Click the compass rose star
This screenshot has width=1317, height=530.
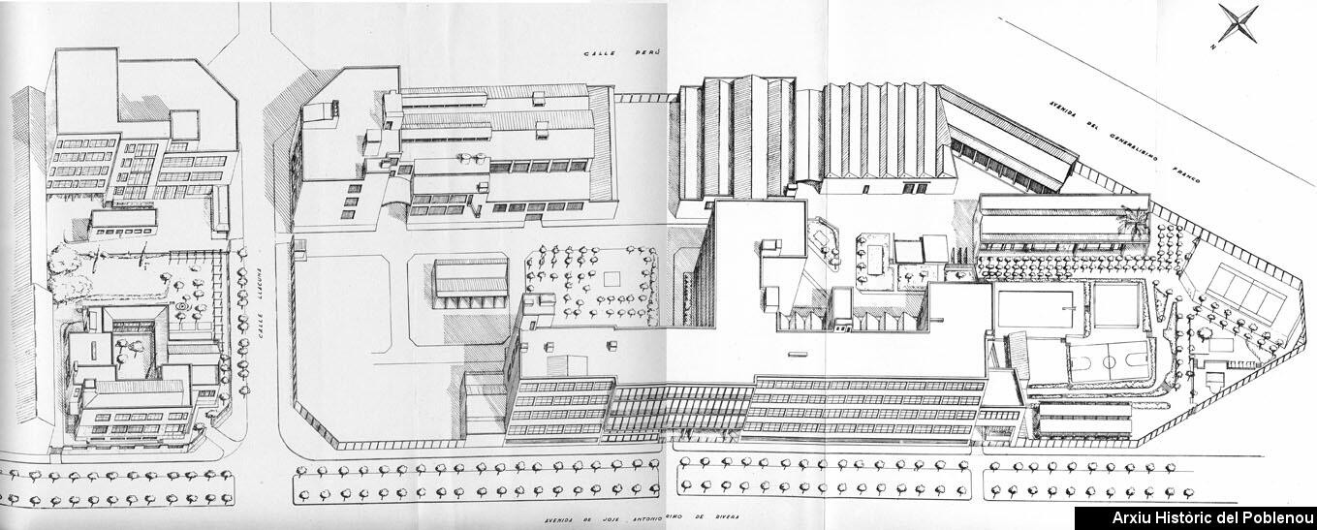(1239, 23)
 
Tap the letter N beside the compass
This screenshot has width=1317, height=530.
(1214, 47)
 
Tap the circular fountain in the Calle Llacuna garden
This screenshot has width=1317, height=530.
(181, 307)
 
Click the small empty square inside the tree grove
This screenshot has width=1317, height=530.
(610, 278)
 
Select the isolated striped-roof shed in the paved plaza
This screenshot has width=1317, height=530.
(470, 278)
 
